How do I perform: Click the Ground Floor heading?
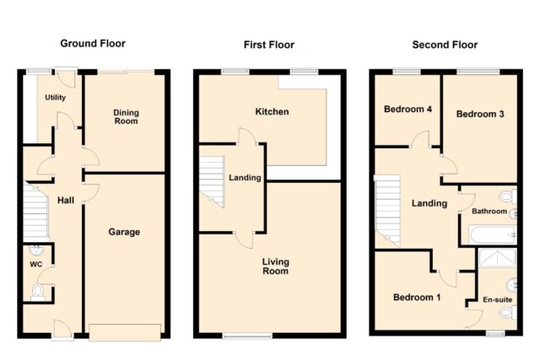(x=93, y=43)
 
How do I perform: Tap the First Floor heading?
(x=269, y=45)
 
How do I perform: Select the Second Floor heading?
(x=445, y=45)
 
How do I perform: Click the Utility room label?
(x=56, y=98)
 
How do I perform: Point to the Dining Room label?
(x=126, y=116)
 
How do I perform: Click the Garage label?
(x=124, y=232)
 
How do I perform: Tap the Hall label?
(x=66, y=200)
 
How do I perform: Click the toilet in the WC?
(x=38, y=293)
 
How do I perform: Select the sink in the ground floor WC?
(x=36, y=250)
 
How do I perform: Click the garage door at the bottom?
(x=125, y=332)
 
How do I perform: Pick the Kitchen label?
(x=272, y=111)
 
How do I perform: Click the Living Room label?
(x=276, y=266)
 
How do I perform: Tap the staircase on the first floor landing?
(x=212, y=181)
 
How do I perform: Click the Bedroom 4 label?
(x=408, y=109)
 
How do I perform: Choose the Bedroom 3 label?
(x=480, y=114)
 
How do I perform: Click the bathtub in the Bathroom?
(x=493, y=234)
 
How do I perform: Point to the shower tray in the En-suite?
(x=498, y=258)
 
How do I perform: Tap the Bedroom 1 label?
(x=417, y=297)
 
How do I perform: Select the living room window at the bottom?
(x=247, y=336)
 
